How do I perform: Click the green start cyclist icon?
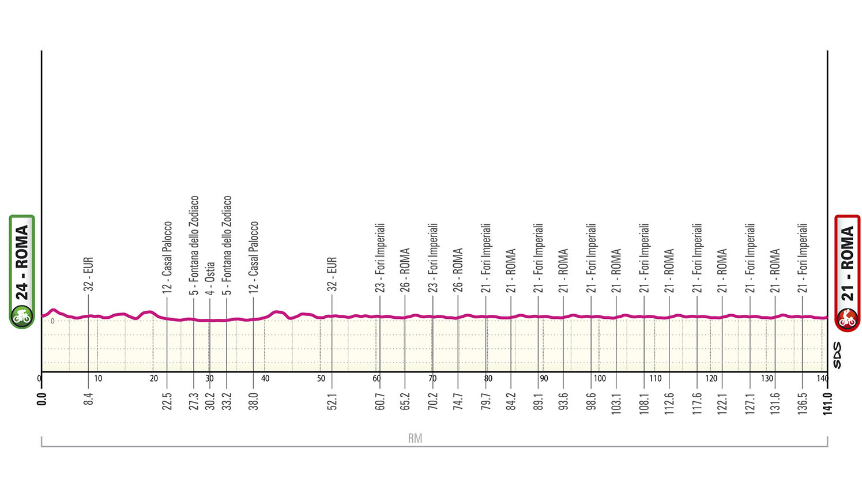click(x=22, y=316)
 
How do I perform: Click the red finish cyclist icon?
click(x=847, y=318)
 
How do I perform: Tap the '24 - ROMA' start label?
click(x=22, y=262)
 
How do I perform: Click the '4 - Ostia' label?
click(x=210, y=278)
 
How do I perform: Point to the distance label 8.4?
click(x=88, y=399)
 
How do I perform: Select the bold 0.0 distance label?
click(x=42, y=399)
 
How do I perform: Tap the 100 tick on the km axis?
click(x=600, y=379)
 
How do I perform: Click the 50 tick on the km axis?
click(x=321, y=379)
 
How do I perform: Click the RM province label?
click(x=415, y=438)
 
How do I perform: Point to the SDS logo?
click(x=837, y=356)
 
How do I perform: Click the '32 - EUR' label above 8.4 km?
click(x=88, y=274)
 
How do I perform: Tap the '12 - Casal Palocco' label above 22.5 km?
click(x=167, y=257)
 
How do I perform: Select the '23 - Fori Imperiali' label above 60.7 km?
click(x=380, y=257)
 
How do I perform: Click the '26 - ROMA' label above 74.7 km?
click(x=458, y=269)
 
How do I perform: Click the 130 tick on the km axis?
click(x=767, y=379)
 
